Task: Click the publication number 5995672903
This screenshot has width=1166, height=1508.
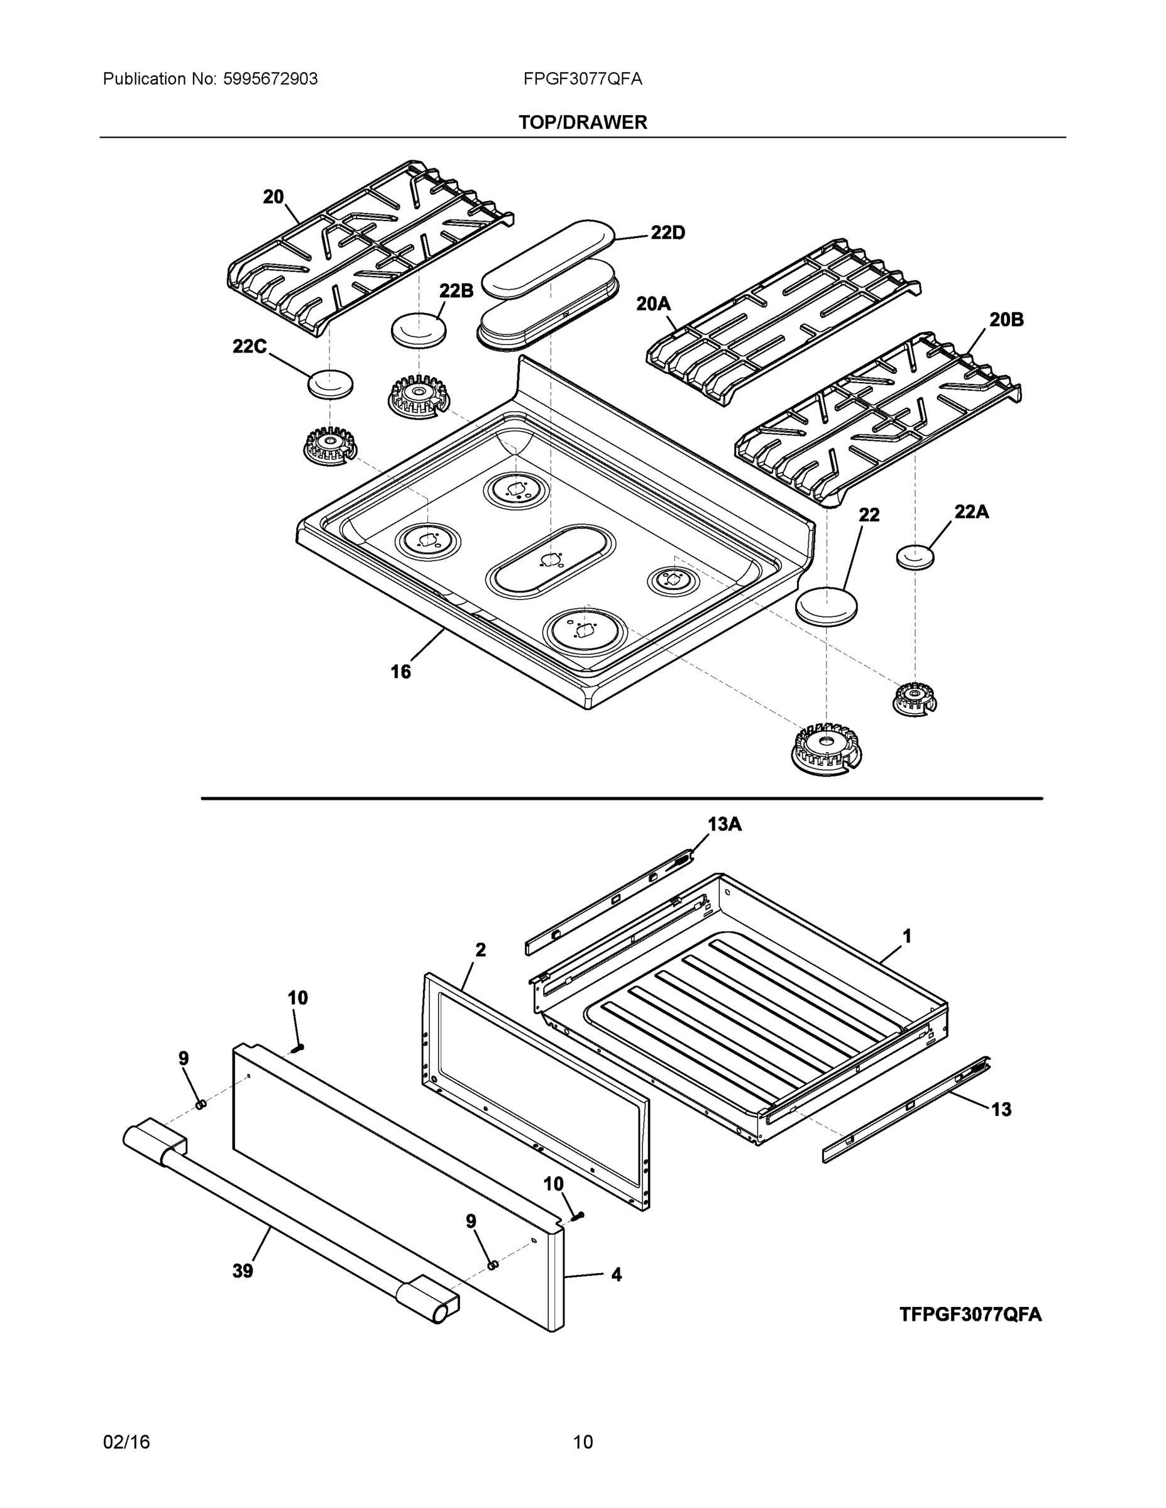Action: click(270, 79)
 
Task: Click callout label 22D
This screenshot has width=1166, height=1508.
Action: click(668, 233)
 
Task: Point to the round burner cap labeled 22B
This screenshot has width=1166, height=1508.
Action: click(419, 329)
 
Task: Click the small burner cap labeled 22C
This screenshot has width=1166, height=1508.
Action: click(330, 384)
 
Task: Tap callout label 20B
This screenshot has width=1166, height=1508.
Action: click(1006, 320)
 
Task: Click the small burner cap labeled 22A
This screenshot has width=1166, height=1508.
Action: click(915, 556)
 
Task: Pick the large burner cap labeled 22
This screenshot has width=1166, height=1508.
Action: click(826, 606)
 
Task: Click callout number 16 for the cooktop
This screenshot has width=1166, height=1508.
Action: click(400, 671)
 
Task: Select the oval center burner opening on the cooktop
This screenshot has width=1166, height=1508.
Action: click(551, 559)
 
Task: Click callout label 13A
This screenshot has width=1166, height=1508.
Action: click(724, 824)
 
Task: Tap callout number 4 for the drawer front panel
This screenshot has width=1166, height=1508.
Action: click(616, 1274)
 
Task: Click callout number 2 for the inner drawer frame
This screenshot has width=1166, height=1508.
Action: click(481, 949)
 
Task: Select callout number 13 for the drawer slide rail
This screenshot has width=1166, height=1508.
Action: click(1001, 1110)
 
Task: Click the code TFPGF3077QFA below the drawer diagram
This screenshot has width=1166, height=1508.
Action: click(970, 1314)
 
